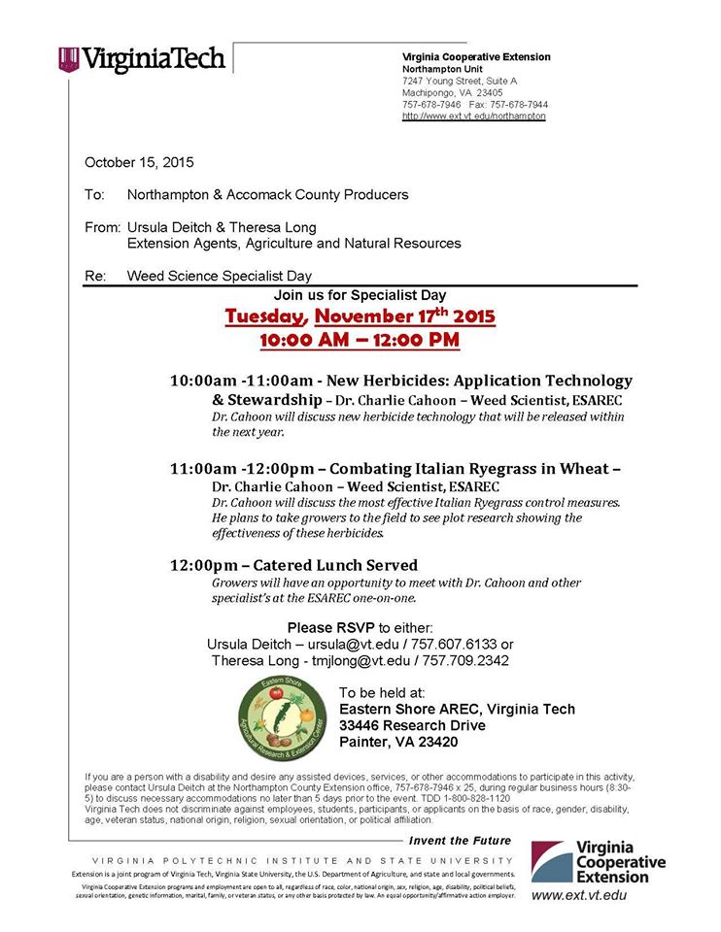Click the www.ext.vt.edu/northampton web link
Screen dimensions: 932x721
point(474,116)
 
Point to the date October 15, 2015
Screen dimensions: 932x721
point(139,162)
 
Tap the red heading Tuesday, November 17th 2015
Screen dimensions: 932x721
point(360,316)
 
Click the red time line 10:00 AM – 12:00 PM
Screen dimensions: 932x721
point(360,341)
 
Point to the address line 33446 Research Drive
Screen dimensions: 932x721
point(412,725)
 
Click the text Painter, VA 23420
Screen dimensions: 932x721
point(398,742)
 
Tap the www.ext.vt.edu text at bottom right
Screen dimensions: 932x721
point(579,895)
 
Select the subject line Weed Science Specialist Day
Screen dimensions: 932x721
point(220,276)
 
